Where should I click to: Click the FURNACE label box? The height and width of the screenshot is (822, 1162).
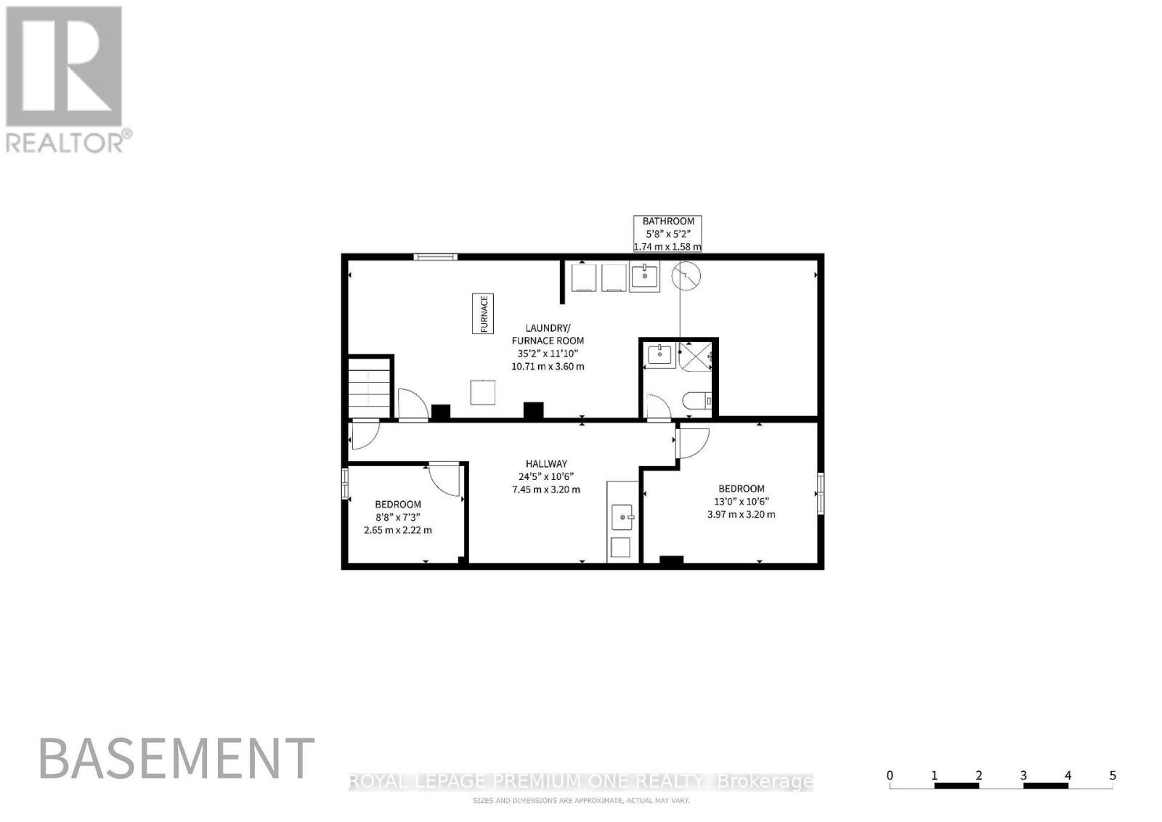pyautogui.click(x=482, y=313)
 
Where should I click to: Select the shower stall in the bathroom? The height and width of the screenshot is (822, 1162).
pyautogui.click(x=695, y=356)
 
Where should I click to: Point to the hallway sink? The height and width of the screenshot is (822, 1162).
pyautogui.click(x=622, y=517)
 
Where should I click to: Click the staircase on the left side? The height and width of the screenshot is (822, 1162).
pyautogui.click(x=369, y=388)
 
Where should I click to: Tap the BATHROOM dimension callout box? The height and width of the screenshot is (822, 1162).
pyautogui.click(x=667, y=234)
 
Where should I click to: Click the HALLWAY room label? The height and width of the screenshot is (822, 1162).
pyautogui.click(x=546, y=463)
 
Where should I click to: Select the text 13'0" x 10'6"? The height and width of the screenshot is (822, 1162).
pyautogui.click(x=742, y=502)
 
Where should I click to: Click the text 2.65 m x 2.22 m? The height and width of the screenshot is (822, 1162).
pyautogui.click(x=398, y=530)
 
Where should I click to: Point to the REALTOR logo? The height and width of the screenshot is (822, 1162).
pyautogui.click(x=68, y=80)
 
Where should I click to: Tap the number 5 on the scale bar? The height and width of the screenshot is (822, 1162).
pyautogui.click(x=1112, y=776)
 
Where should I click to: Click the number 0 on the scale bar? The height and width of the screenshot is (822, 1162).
pyautogui.click(x=890, y=776)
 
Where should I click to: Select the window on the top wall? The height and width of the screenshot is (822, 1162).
pyautogui.click(x=435, y=257)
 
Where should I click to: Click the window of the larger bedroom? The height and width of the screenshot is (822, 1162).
pyautogui.click(x=820, y=492)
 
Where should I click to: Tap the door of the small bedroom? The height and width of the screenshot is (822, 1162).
pyautogui.click(x=444, y=478)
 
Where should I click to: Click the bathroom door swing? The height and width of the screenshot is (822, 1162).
pyautogui.click(x=658, y=407)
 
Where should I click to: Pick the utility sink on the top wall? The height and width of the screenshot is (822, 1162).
pyautogui.click(x=644, y=277)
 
